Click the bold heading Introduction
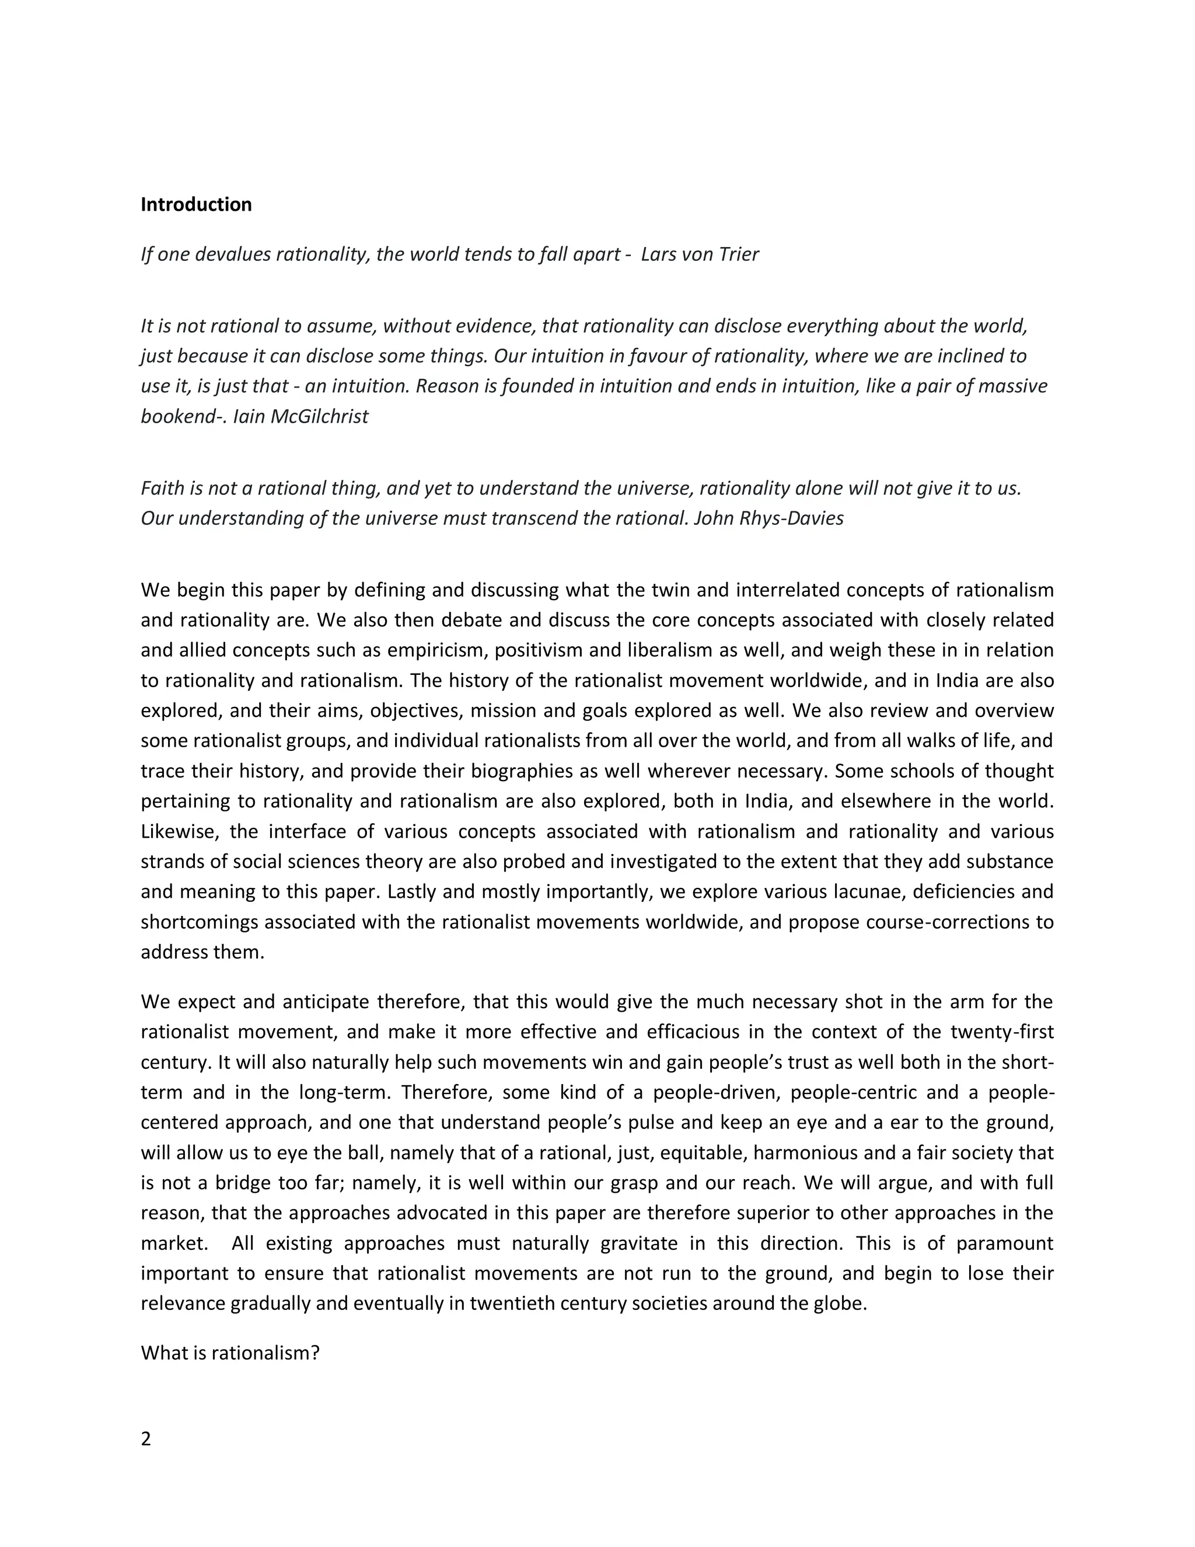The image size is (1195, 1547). point(196,205)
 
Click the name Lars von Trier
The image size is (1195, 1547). point(700,255)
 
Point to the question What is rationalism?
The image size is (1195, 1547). point(230,1353)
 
